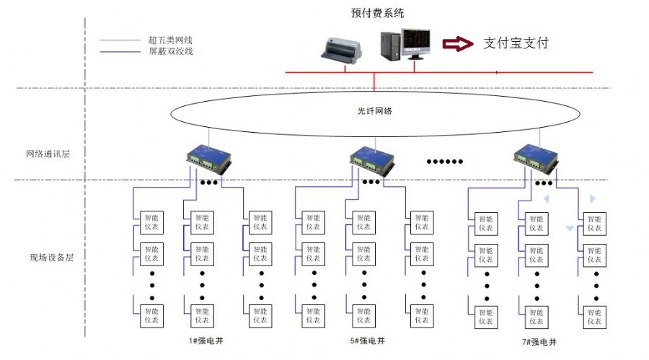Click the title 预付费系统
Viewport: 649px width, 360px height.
click(x=377, y=13)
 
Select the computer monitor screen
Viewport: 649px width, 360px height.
click(x=416, y=42)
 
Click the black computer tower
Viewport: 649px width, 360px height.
click(x=390, y=46)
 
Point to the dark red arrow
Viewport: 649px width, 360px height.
click(x=458, y=43)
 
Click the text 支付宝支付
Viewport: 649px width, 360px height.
click(x=516, y=43)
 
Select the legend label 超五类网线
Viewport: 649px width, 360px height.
click(x=170, y=40)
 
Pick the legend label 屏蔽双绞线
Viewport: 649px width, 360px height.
click(x=171, y=51)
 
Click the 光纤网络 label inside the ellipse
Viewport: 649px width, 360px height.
click(x=374, y=111)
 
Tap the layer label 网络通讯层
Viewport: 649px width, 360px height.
click(x=48, y=154)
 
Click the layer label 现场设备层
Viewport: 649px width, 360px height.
click(x=52, y=258)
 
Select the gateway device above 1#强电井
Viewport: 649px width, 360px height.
click(x=209, y=159)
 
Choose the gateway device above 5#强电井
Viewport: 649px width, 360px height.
click(x=372, y=160)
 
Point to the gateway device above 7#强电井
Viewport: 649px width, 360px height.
click(x=536, y=159)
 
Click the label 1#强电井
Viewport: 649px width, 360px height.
click(x=206, y=341)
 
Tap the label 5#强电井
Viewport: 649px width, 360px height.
click(x=368, y=341)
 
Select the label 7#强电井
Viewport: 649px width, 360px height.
click(x=539, y=342)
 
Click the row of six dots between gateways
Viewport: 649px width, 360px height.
click(x=444, y=162)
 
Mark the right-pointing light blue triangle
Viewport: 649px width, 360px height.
click(x=593, y=199)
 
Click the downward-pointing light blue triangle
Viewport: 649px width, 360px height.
click(x=570, y=228)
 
